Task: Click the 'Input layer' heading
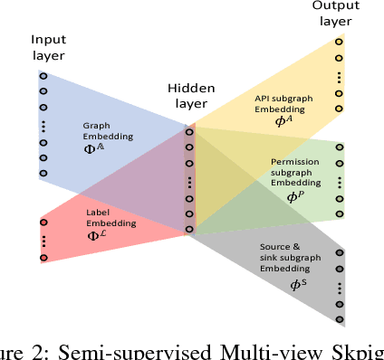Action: (x=48, y=48)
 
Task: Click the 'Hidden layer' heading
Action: (x=189, y=96)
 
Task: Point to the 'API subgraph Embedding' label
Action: (x=282, y=106)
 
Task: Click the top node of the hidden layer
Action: (x=189, y=132)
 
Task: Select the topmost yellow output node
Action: (x=340, y=42)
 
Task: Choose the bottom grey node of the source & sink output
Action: (x=340, y=317)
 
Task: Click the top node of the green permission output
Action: (x=340, y=147)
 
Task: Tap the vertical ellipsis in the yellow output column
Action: (x=340, y=76)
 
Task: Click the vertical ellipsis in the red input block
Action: (x=43, y=242)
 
